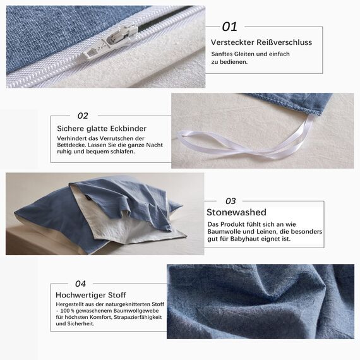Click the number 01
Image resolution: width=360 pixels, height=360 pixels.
tap(229, 27)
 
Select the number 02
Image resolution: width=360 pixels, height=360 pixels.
tap(83, 116)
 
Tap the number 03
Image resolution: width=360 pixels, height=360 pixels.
tap(231, 201)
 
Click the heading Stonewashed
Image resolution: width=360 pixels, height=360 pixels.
tap(236, 212)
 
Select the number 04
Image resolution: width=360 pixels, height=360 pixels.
tap(80, 284)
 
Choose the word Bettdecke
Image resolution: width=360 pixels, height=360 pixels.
tap(69, 145)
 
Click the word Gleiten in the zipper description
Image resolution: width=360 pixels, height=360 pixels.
tap(241, 54)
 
